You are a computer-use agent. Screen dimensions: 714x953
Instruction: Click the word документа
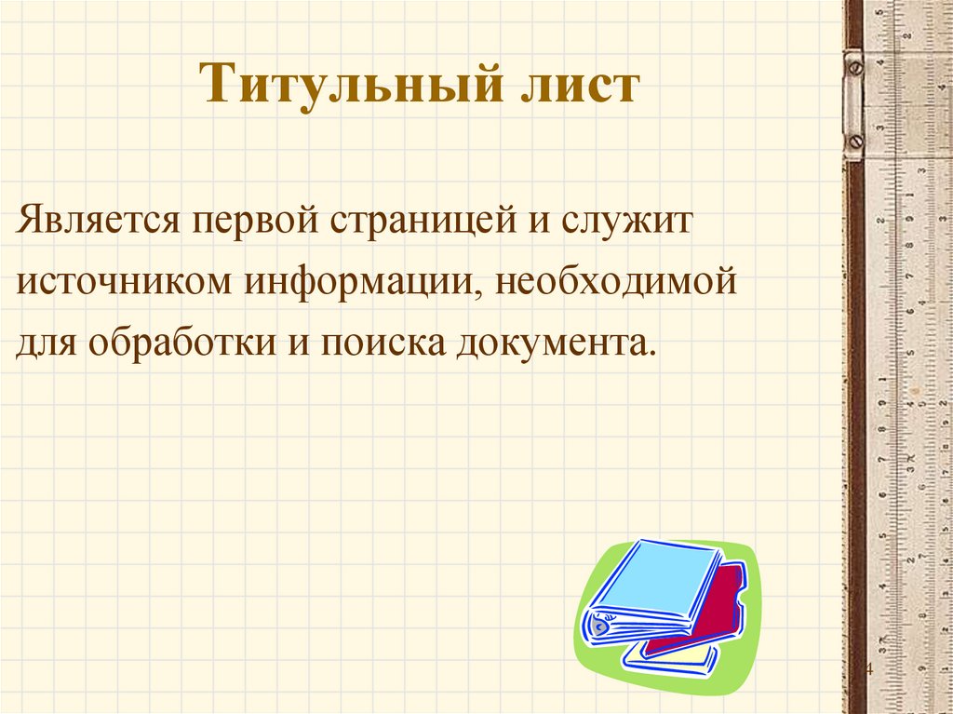[555, 344]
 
